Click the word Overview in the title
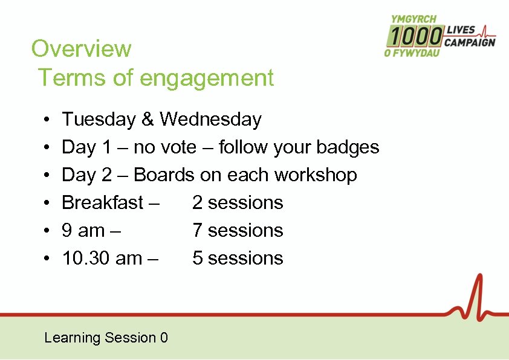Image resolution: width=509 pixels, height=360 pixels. click(81, 48)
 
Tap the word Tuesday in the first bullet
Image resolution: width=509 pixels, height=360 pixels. click(99, 120)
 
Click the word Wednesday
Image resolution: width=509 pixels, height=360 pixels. click(210, 120)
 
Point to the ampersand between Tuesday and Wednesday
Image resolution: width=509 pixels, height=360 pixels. click(148, 120)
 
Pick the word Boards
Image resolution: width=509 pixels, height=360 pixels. click(164, 175)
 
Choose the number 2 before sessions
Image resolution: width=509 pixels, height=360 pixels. click(197, 202)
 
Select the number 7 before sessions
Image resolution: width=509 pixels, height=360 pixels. click(197, 230)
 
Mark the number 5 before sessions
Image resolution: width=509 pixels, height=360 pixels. click(197, 258)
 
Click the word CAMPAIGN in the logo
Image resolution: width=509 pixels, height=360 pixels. click(470, 42)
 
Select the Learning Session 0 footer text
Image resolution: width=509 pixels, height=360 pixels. click(106, 338)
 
